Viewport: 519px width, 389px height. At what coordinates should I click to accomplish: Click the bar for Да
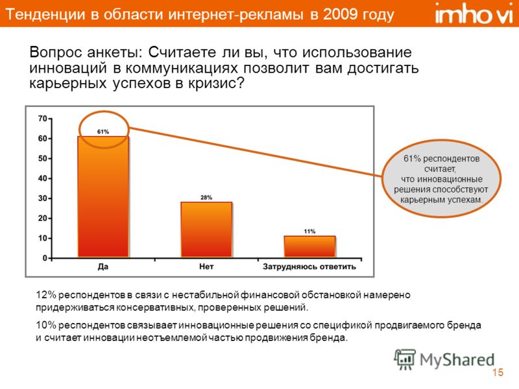tap(103, 197)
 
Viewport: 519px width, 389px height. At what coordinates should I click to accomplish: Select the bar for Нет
tap(206, 230)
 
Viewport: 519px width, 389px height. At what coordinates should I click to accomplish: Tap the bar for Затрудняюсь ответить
tap(309, 247)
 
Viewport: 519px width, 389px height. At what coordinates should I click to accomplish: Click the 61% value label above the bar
tap(103, 132)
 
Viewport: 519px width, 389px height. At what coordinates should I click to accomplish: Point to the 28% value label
tap(206, 198)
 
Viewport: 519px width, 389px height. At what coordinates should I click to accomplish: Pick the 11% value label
tap(309, 231)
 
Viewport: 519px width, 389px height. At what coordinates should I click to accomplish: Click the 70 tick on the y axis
tap(43, 119)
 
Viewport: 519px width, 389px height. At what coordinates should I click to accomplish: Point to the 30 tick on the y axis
tap(43, 198)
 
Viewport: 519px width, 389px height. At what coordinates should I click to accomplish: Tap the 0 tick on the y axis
tap(45, 258)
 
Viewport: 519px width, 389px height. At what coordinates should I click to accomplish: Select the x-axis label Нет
tap(206, 266)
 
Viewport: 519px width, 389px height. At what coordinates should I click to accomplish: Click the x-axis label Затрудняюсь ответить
tap(309, 266)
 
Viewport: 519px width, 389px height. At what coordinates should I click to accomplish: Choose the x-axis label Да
tap(103, 266)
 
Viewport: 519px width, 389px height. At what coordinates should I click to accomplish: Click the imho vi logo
tap(474, 14)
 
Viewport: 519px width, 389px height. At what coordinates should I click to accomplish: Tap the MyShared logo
tap(444, 359)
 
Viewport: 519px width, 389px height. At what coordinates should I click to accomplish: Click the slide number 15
tap(498, 372)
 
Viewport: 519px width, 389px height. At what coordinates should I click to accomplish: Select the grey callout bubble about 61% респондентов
tap(441, 179)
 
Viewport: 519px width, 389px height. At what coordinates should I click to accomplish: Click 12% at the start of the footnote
tap(46, 295)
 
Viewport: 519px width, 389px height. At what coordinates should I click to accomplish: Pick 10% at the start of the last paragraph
tap(46, 325)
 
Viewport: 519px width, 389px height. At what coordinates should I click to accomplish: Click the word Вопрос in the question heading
tap(56, 53)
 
